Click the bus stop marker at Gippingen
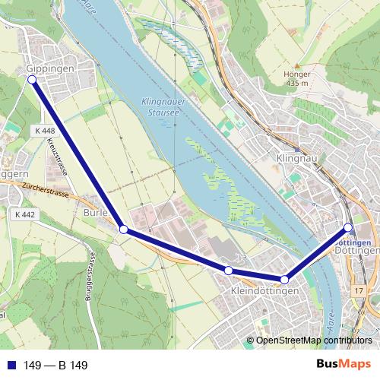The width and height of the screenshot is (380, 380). coord(32,79)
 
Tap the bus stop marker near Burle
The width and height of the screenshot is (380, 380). coord(124,228)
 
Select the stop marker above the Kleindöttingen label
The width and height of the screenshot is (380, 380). coord(228,271)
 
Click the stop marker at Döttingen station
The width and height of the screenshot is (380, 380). coord(348,227)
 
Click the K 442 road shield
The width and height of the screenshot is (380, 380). coord(24,215)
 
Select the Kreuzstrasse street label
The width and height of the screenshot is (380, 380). coord(56,156)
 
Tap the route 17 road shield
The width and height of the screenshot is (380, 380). coord(359,291)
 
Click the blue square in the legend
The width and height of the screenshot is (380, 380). coord(11,366)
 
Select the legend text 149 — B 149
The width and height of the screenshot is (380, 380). coord(55,366)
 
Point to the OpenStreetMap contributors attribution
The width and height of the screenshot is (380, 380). coord(313,340)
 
